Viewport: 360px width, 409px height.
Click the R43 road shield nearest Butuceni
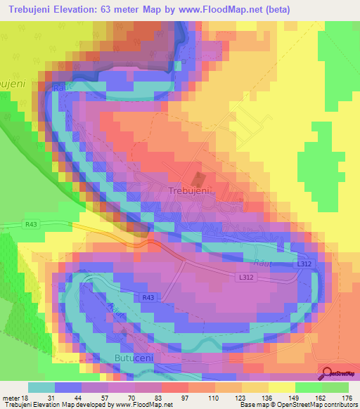tap(148, 298)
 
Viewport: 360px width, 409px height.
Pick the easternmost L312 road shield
tap(304, 264)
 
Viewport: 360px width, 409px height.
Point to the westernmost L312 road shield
tap(244, 278)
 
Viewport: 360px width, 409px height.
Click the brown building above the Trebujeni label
tap(197, 178)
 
